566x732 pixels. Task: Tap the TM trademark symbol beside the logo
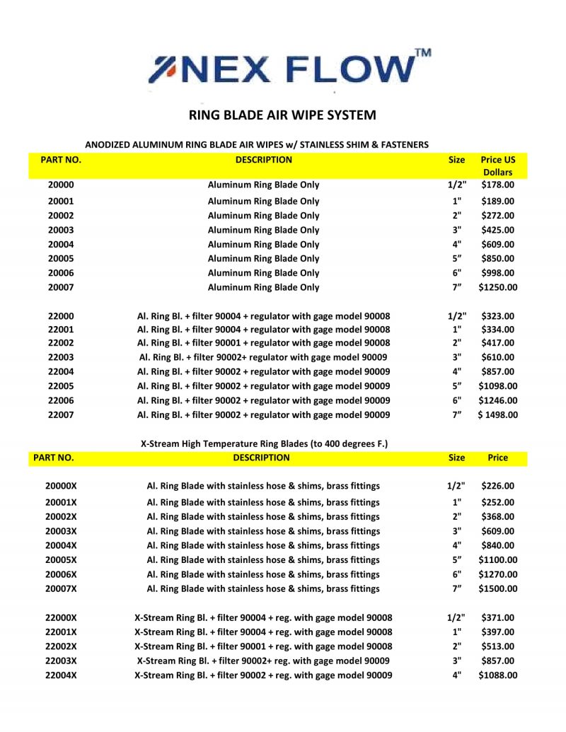[x=422, y=52]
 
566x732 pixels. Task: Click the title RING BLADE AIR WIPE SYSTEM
[x=282, y=115]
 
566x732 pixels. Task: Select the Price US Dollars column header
[x=497, y=166]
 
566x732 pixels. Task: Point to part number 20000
[x=61, y=185]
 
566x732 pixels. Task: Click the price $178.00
[x=497, y=185]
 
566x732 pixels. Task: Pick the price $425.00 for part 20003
[x=497, y=230]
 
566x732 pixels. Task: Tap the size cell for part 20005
[x=456, y=259]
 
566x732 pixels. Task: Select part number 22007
[x=61, y=414]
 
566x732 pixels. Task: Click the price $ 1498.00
[x=497, y=414]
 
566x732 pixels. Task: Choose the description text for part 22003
[x=263, y=358]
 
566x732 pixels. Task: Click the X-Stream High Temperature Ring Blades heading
[x=265, y=443]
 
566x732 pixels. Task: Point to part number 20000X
[x=61, y=486]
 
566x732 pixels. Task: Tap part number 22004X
[x=61, y=675]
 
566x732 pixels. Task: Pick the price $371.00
[x=497, y=618]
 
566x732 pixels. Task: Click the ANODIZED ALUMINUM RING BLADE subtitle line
[x=256, y=144]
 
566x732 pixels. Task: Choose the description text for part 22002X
[x=263, y=646]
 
